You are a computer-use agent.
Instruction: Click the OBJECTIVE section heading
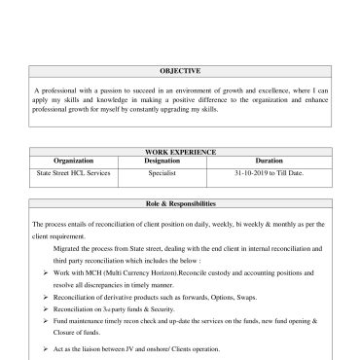[180, 71]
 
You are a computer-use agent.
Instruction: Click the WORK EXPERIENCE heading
[180, 152]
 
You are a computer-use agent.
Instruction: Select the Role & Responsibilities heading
[180, 203]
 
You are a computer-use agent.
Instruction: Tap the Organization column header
[74, 161]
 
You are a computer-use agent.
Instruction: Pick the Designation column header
[162, 161]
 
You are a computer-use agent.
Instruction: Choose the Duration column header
[269, 161]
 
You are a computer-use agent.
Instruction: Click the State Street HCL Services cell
[74, 172]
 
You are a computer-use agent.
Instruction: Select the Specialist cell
[162, 172]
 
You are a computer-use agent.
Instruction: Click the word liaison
[100, 347]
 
